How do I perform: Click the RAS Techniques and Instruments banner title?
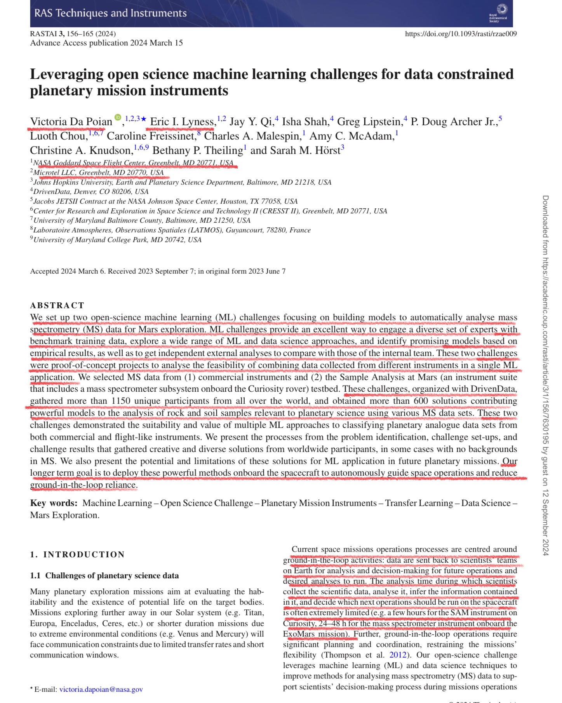[110, 13]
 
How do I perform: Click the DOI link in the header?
[461, 34]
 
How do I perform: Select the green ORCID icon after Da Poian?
[118, 117]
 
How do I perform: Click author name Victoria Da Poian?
[71, 122]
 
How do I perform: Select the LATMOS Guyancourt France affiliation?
[172, 230]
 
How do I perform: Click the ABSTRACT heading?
[57, 305]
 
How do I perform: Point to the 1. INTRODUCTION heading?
[77, 555]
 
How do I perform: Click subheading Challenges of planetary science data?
[104, 576]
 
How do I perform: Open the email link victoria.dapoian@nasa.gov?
[101, 689]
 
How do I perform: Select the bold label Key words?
[54, 503]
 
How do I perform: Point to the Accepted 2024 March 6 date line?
[158, 271]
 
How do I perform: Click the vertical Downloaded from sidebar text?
[545, 375]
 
